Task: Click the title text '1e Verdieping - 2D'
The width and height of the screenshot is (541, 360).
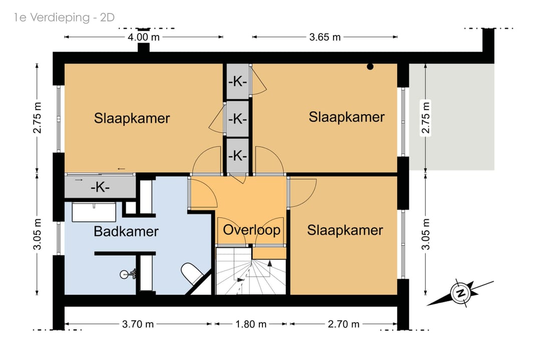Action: pyautogui.click(x=64, y=17)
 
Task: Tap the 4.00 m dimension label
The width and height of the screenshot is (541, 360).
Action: pyautogui.click(x=144, y=37)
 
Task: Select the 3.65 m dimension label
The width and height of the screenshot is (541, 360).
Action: pyautogui.click(x=325, y=37)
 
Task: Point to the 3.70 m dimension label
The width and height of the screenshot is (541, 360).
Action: pyautogui.click(x=138, y=324)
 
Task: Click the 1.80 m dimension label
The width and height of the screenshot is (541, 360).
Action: pyautogui.click(x=251, y=324)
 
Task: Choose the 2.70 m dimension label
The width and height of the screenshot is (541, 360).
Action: pyautogui.click(x=343, y=324)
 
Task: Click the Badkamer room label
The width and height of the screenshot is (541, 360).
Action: pyautogui.click(x=126, y=231)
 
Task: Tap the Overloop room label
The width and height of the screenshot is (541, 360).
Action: pyautogui.click(x=251, y=230)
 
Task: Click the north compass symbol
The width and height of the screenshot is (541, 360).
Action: pyautogui.click(x=460, y=293)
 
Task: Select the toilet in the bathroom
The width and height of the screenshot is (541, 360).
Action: pyautogui.click(x=192, y=274)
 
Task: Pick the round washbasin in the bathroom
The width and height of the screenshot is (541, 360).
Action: pyautogui.click(x=125, y=274)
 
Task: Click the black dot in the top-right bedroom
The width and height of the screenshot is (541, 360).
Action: pyautogui.click(x=370, y=67)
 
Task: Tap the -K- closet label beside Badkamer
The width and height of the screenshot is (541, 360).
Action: pyautogui.click(x=100, y=187)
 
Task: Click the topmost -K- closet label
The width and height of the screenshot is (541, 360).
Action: pyautogui.click(x=237, y=82)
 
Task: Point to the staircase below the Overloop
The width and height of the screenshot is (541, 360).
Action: pyautogui.click(x=251, y=271)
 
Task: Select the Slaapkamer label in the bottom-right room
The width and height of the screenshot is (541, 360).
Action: pyautogui.click(x=345, y=230)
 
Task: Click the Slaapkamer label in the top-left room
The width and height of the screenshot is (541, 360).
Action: pyautogui.click(x=132, y=118)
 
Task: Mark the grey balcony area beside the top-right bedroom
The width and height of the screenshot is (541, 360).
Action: pyautogui.click(x=451, y=117)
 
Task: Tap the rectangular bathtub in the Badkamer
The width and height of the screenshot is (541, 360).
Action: pyautogui.click(x=94, y=212)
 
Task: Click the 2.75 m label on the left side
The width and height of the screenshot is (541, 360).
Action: pyautogui.click(x=37, y=118)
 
